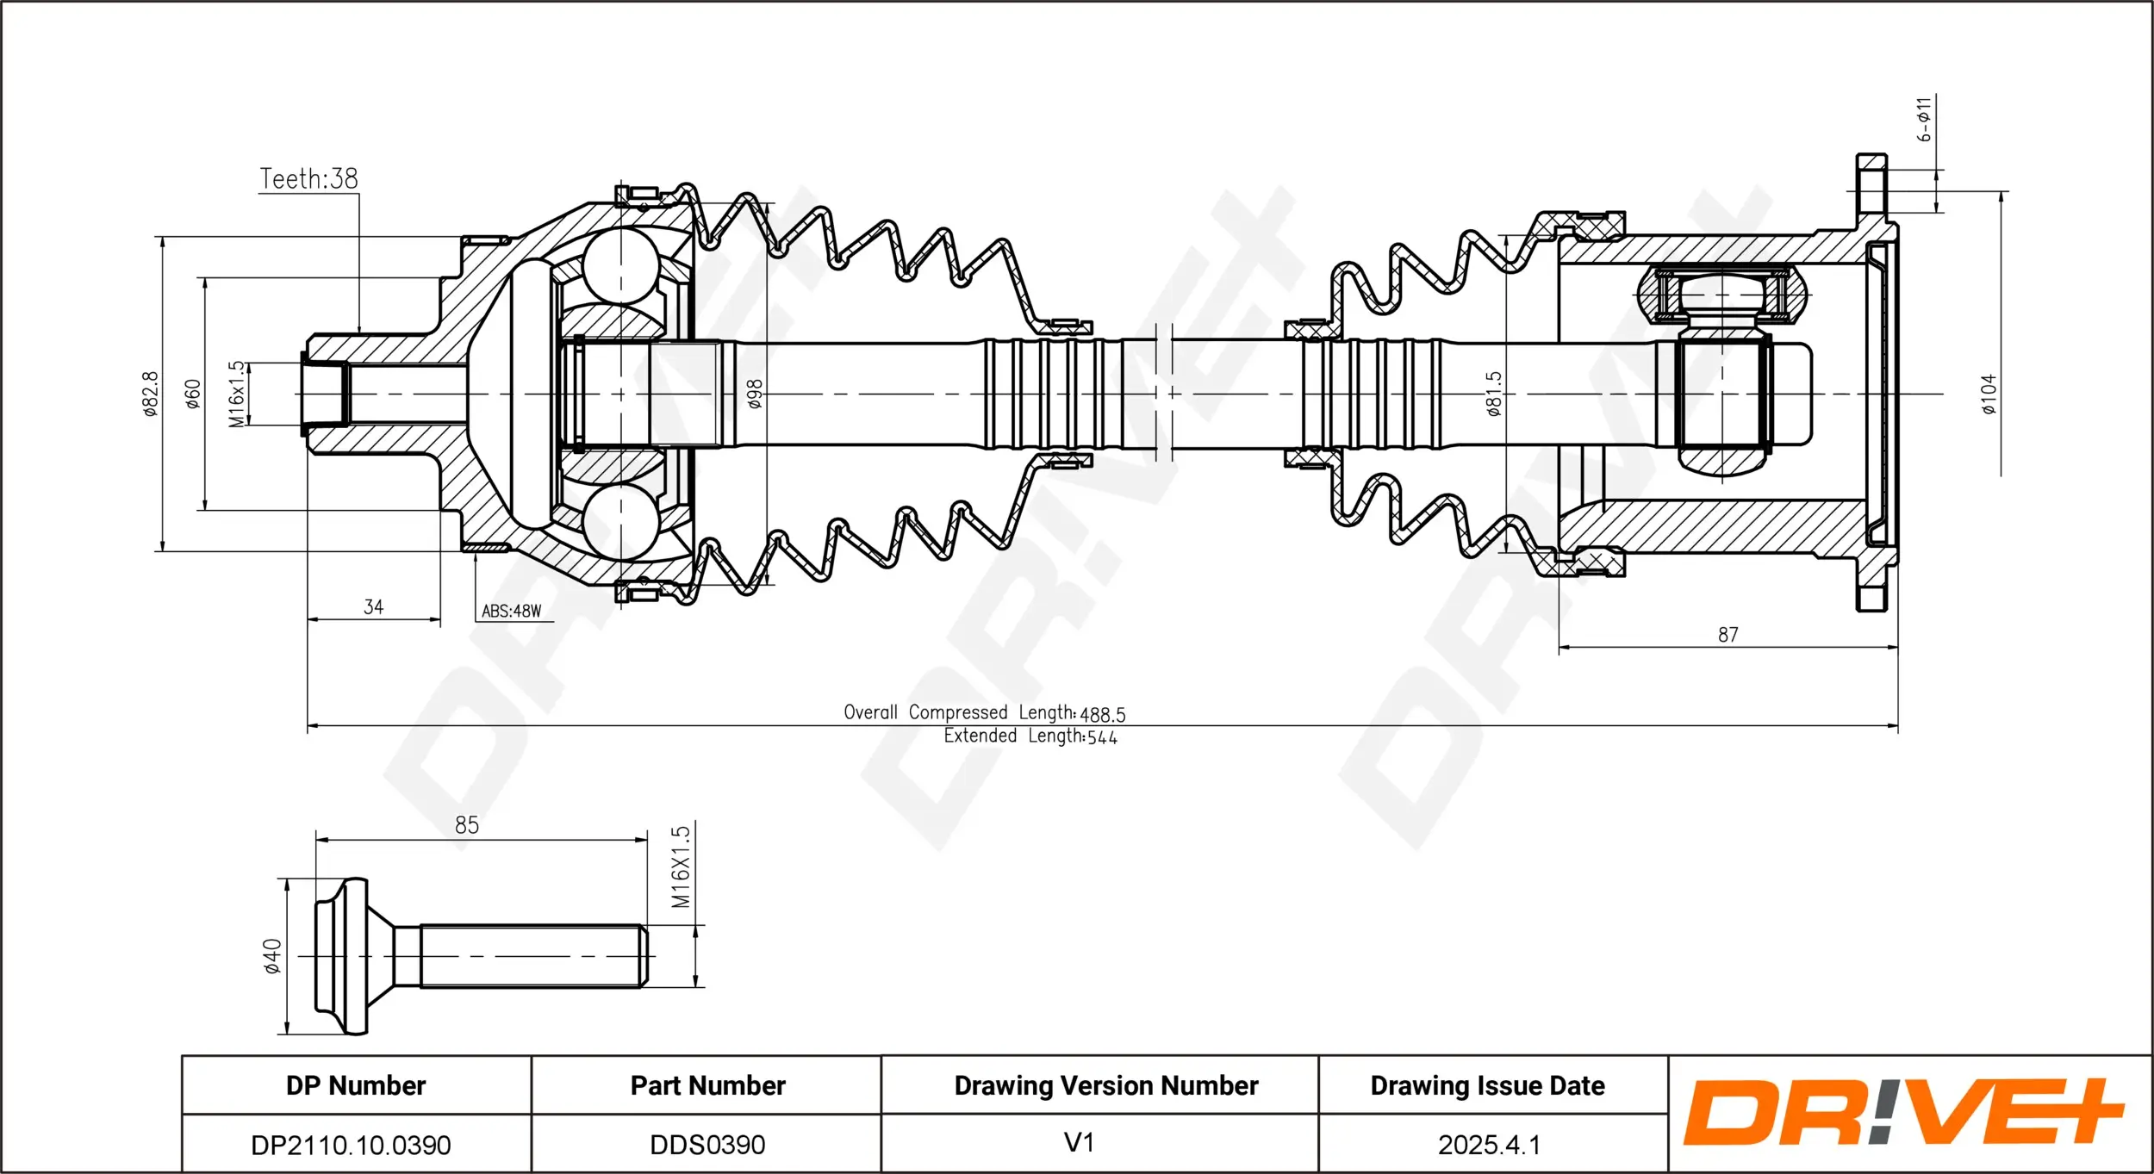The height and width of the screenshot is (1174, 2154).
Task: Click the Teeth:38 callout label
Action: (x=308, y=178)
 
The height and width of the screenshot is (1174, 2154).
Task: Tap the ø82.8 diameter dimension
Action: (x=151, y=394)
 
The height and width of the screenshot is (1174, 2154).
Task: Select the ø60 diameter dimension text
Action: (x=192, y=394)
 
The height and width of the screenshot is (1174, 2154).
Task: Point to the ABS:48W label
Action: (x=511, y=611)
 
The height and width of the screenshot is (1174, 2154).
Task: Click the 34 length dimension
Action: (x=373, y=607)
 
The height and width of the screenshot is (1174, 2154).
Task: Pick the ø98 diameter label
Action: (x=755, y=394)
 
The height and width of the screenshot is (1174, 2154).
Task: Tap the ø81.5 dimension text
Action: (x=1493, y=394)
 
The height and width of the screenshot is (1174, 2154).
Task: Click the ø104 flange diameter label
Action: (x=1988, y=394)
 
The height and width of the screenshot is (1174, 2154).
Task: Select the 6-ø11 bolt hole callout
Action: (x=1924, y=119)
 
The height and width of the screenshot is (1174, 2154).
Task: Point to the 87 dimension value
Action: (x=1728, y=635)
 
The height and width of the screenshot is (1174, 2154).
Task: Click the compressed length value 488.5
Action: (x=1103, y=714)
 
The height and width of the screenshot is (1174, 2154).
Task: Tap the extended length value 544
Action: (x=1102, y=737)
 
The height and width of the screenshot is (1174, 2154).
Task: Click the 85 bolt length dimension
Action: (x=466, y=825)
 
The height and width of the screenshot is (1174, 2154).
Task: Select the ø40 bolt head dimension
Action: (x=272, y=956)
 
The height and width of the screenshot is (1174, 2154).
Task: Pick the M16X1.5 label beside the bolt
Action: (x=681, y=867)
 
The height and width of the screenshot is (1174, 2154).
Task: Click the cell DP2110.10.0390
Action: (x=351, y=1145)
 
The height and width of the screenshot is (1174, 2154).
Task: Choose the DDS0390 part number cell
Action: (x=707, y=1145)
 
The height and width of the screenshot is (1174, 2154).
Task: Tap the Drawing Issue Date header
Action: (x=1487, y=1085)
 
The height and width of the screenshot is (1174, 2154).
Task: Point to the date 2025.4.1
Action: (x=1488, y=1145)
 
